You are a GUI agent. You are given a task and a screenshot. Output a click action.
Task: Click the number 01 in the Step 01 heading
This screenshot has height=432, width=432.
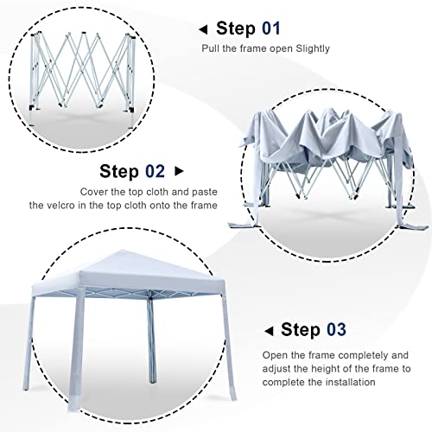(x=271, y=29)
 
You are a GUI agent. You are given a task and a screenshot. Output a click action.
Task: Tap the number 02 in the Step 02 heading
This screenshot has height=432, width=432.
(x=155, y=171)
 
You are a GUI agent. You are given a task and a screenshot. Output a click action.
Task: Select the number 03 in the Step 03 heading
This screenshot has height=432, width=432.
(x=336, y=329)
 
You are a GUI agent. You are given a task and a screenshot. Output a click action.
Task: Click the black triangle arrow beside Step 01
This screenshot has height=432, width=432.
(x=203, y=29)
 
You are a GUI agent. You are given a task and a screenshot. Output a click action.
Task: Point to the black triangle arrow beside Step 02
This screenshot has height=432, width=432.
(x=179, y=171)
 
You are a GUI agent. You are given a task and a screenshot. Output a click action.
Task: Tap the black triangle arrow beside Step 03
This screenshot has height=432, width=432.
(x=269, y=331)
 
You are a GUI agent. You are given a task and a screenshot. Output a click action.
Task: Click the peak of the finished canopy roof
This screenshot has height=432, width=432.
(x=122, y=250)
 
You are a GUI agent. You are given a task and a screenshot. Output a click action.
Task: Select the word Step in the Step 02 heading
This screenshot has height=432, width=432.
(x=119, y=172)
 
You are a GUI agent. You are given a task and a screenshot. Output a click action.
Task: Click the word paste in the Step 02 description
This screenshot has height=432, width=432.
(x=205, y=193)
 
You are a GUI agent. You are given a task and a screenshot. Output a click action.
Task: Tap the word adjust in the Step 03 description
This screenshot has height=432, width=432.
(x=276, y=369)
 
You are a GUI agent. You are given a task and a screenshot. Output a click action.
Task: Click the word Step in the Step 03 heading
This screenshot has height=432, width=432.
(x=301, y=330)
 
